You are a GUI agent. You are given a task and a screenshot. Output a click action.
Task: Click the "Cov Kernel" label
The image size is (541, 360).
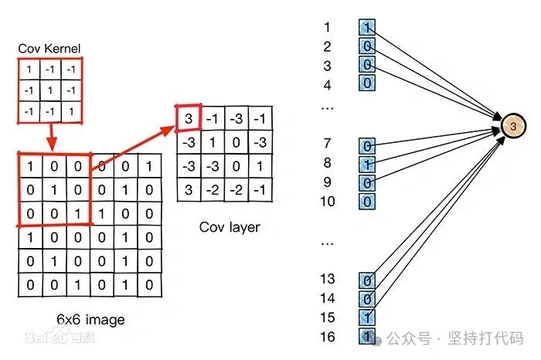49,49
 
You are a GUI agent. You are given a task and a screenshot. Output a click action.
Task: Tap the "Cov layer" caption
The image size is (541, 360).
230,227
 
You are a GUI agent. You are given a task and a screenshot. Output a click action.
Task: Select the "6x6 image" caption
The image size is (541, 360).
90,319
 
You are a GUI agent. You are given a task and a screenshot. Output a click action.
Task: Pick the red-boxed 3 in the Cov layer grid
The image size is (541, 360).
188,118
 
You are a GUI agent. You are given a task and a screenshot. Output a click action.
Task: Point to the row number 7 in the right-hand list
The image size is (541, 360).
328,144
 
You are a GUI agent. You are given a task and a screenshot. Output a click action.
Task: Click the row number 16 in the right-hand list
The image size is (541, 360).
328,336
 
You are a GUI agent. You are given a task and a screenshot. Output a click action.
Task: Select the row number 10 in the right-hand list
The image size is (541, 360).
328,202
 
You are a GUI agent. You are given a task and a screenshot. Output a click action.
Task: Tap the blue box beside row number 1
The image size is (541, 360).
366,27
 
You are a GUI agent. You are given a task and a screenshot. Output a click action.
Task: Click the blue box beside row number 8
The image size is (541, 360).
366,164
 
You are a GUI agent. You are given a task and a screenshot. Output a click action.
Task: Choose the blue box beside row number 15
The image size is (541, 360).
366,318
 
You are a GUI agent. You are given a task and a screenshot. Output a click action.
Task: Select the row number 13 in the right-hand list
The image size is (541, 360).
328,279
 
